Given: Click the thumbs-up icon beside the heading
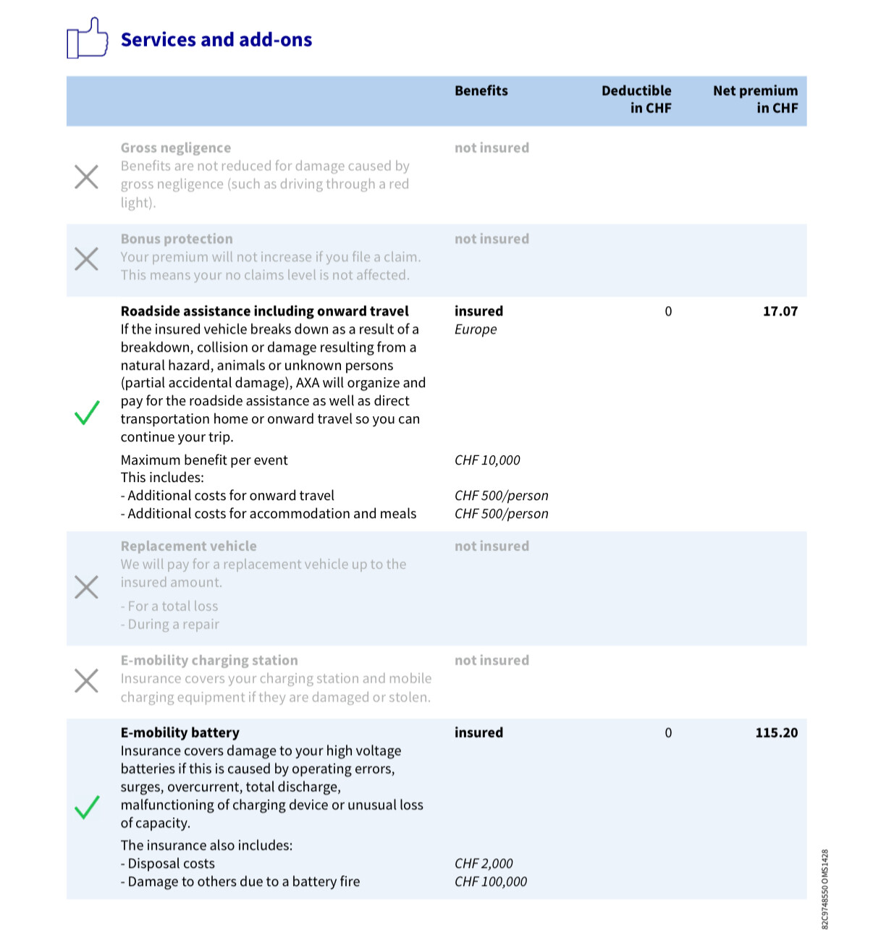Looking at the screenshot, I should tap(87, 38).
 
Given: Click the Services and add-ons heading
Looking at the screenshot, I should tap(216, 40).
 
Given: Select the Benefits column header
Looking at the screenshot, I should tap(481, 90).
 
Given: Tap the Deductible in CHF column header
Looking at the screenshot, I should tap(636, 99).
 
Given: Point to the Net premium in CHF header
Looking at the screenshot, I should tap(755, 99).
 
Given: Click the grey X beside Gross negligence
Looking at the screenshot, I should tap(87, 177).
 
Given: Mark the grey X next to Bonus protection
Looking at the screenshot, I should tap(87, 258).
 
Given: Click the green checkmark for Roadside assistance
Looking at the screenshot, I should tap(87, 413).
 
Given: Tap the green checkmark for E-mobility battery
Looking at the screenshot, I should tap(87, 807).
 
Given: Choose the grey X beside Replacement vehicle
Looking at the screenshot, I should tap(87, 587).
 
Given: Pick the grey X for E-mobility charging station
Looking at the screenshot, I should tap(87, 680).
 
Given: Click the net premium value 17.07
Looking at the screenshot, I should tap(780, 311).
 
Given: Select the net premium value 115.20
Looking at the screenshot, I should tap(776, 732).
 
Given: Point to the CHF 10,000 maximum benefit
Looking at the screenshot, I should tap(487, 460).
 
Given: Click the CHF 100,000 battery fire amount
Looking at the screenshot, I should tap(491, 882).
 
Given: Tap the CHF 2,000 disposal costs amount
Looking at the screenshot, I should tap(484, 863).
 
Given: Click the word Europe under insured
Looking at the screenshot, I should tap(476, 329).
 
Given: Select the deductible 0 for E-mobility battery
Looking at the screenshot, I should tap(668, 732).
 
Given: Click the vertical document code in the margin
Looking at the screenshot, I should tap(826, 889).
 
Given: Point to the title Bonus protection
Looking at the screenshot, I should tap(177, 239).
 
